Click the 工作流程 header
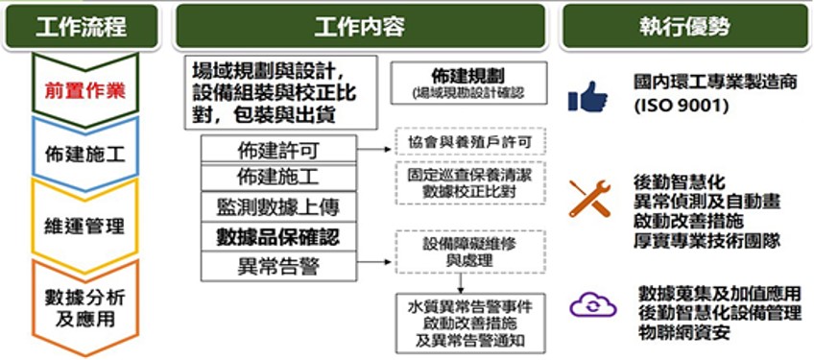coord(81,26)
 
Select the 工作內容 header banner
coord(359,26)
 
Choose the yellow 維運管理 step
coord(84,227)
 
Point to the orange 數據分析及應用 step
coord(84,306)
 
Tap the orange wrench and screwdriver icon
coord(589,198)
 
